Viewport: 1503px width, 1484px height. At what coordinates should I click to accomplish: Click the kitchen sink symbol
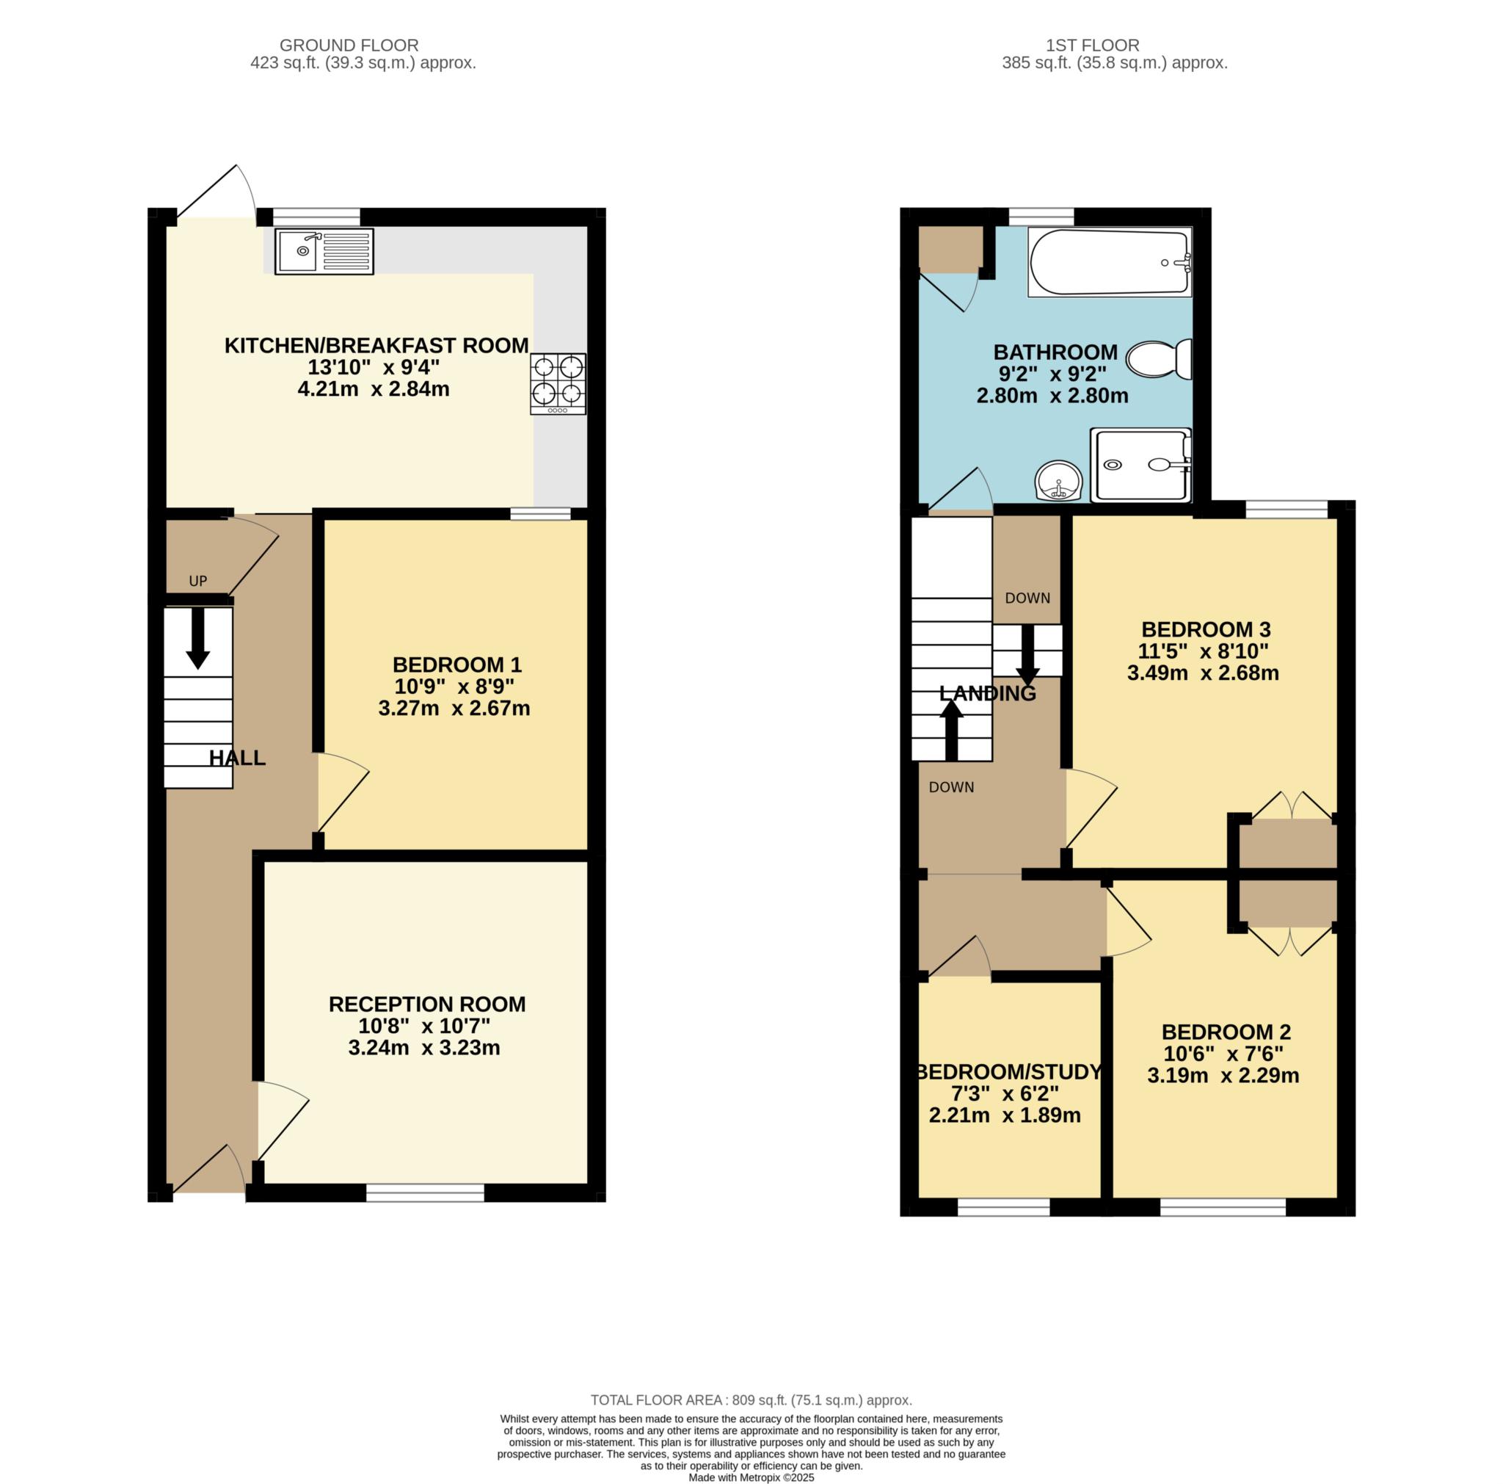[x=324, y=251]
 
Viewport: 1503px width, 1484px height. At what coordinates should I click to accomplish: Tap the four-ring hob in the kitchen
[x=558, y=383]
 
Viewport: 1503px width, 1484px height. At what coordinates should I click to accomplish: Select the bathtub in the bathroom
[x=1109, y=262]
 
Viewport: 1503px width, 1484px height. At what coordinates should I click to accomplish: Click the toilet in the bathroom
[x=1158, y=360]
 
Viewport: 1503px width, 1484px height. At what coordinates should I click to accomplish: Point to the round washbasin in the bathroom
[x=1059, y=480]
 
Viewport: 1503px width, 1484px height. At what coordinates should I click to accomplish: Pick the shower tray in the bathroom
[x=1140, y=465]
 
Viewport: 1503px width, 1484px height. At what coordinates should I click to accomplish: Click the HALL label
[x=237, y=758]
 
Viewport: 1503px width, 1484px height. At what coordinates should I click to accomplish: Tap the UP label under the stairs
[x=198, y=582]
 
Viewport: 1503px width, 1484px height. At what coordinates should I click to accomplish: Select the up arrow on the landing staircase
[x=951, y=729]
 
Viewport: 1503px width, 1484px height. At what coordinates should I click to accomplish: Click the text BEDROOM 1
[x=456, y=665]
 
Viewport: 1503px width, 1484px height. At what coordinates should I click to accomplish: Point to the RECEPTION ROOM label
[x=427, y=1004]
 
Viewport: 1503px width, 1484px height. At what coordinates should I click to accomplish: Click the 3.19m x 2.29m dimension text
[x=1223, y=1076]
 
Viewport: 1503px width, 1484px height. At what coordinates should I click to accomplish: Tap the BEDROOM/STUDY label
[x=1008, y=1072]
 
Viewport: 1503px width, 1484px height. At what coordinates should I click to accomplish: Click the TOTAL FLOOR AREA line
[x=751, y=1400]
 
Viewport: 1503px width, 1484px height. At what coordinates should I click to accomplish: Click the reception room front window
[x=425, y=1192]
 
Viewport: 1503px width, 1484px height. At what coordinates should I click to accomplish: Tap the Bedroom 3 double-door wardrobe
[x=1287, y=844]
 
